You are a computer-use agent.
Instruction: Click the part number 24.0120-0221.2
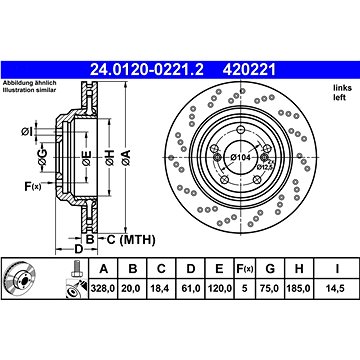click(147, 70)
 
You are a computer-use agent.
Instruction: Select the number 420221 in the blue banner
click(250, 70)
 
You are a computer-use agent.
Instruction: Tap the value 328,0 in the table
click(103, 289)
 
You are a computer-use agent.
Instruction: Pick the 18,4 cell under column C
click(161, 289)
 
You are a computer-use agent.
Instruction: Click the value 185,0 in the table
click(299, 289)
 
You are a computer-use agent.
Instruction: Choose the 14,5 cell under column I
click(337, 289)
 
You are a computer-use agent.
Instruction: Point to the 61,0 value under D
click(190, 289)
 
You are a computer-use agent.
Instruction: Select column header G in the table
click(270, 268)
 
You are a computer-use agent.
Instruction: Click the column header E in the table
click(219, 268)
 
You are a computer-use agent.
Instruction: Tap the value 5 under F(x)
click(245, 289)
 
